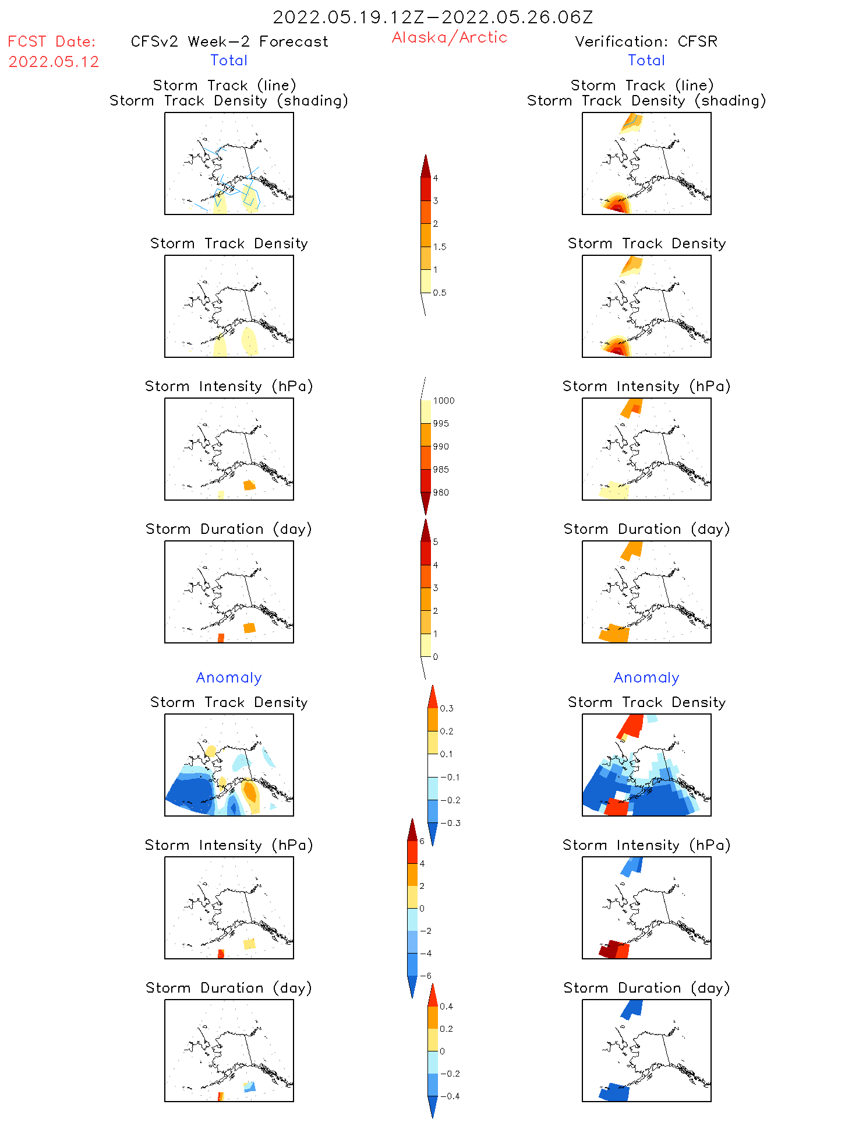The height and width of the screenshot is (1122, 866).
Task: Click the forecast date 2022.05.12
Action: pos(54,62)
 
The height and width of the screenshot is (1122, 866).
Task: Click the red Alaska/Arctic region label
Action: pos(449,37)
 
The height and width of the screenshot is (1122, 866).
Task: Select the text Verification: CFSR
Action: pos(646,41)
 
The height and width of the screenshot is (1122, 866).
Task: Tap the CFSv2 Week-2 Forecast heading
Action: pos(229,41)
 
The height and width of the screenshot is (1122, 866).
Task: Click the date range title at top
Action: pos(433,17)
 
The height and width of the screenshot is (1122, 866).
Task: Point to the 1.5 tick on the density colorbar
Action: pos(440,247)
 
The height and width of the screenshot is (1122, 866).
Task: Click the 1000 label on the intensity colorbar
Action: pos(443,400)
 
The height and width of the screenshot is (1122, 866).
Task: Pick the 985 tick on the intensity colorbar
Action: pos(441,469)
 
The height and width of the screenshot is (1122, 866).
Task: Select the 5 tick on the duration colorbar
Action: pos(436,541)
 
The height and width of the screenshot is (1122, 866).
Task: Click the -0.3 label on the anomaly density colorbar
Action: pos(450,823)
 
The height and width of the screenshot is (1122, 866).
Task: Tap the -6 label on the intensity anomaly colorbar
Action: pos(427,976)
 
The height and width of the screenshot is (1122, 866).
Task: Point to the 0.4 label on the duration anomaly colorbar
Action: pos(446,1006)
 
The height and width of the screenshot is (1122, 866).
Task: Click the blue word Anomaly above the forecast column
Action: pos(229,677)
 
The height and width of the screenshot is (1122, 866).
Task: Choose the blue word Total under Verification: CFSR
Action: pos(646,60)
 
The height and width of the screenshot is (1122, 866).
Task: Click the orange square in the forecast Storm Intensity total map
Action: pos(249,485)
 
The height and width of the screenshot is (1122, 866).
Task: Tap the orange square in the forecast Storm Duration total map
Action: pos(249,628)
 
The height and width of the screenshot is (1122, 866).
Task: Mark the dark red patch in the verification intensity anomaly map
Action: pos(609,948)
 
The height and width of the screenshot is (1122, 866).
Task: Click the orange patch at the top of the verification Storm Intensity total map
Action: pos(631,407)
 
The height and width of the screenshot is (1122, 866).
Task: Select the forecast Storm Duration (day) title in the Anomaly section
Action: pos(229,988)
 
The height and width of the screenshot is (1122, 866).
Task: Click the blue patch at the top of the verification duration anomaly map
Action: pos(631,1008)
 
